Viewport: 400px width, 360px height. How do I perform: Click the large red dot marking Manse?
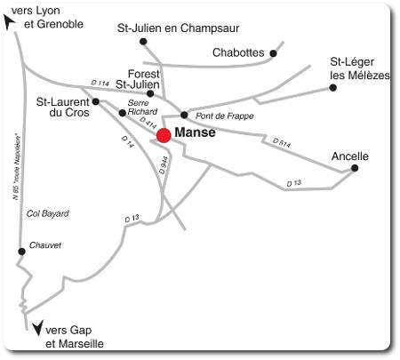[x=164, y=135]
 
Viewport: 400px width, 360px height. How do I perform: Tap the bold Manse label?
[x=196, y=134]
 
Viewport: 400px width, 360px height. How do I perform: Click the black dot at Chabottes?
[x=273, y=53]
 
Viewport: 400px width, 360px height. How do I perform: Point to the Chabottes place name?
[x=238, y=52]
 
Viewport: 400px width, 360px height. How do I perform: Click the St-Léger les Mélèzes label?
[x=359, y=68]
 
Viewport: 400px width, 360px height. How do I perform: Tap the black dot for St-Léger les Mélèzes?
[x=333, y=87]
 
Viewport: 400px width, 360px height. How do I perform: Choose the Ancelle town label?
[x=349, y=156]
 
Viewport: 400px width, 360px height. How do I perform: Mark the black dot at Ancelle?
[x=355, y=168]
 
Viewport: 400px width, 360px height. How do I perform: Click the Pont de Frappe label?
[x=225, y=116]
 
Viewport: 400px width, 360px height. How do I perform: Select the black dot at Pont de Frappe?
[x=184, y=115]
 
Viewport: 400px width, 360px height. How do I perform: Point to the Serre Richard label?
[x=142, y=108]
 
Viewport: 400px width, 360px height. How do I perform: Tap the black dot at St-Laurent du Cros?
[x=96, y=101]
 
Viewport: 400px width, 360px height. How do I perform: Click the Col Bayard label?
[x=47, y=213]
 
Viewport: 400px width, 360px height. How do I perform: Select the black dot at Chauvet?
[x=22, y=252]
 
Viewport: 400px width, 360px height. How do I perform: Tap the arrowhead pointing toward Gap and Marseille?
[x=36, y=329]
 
